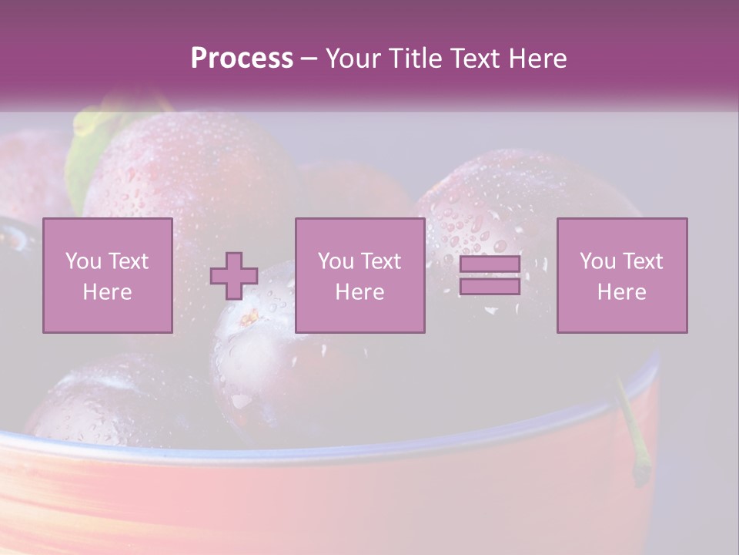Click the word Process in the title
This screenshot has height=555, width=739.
[x=242, y=59]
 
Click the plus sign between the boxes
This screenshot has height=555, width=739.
[x=234, y=275]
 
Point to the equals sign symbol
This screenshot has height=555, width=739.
[x=490, y=275]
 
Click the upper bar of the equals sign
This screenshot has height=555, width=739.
[x=490, y=264]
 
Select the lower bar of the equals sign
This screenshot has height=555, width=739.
[x=490, y=286]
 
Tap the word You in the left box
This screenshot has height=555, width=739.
[x=82, y=261]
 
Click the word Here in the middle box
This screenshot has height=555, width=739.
[x=359, y=292]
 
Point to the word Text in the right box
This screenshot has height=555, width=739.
[x=645, y=261]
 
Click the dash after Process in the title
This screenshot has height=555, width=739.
[x=309, y=59]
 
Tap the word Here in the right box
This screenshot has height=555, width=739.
[x=622, y=292]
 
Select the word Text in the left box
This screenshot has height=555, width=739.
[x=129, y=261]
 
